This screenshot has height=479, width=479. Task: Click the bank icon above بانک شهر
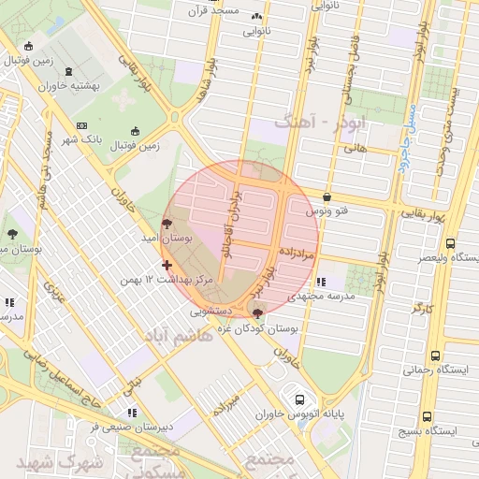[81, 127]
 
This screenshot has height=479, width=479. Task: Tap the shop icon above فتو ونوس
[326, 197]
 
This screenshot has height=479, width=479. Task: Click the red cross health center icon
[167, 265]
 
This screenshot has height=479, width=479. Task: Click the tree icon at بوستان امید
[167, 224]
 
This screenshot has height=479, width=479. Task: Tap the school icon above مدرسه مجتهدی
[321, 281]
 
